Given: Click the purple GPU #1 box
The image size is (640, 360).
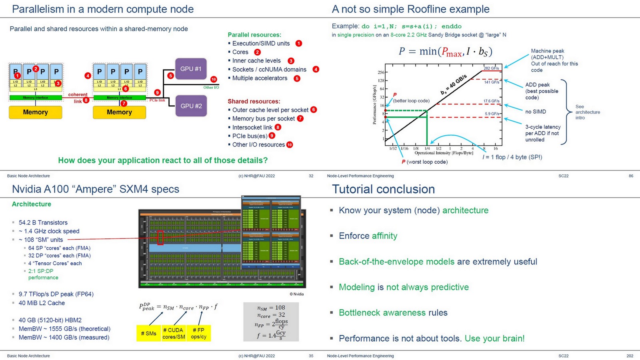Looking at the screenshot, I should [191, 69].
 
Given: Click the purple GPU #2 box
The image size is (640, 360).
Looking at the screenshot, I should [191, 106].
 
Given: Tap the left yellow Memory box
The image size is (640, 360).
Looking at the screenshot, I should [35, 112].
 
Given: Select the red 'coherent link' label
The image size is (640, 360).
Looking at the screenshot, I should [78, 98].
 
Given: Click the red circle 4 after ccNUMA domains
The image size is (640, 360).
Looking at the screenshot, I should [316, 69].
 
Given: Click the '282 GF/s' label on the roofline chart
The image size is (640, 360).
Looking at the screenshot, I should [491, 68].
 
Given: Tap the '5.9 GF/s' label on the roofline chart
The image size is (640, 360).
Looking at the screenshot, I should [492, 114].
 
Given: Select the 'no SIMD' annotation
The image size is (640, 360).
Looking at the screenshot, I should [536, 112].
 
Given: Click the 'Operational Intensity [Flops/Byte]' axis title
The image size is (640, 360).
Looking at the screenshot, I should [444, 153].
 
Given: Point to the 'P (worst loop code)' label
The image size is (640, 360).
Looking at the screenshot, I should [424, 162].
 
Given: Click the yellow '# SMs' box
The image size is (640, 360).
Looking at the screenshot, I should [148, 333].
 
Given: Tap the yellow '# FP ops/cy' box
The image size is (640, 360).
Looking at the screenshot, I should [199, 333].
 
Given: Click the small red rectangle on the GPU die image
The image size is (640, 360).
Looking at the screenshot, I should [160, 237].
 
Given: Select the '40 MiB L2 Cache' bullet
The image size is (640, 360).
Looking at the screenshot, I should [42, 303].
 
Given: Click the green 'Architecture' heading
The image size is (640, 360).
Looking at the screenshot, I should [32, 204].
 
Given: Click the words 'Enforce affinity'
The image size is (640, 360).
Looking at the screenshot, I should [368, 236].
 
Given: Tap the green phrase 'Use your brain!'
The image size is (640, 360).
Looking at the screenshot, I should [494, 338].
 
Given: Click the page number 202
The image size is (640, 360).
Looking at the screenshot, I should [630, 356].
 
